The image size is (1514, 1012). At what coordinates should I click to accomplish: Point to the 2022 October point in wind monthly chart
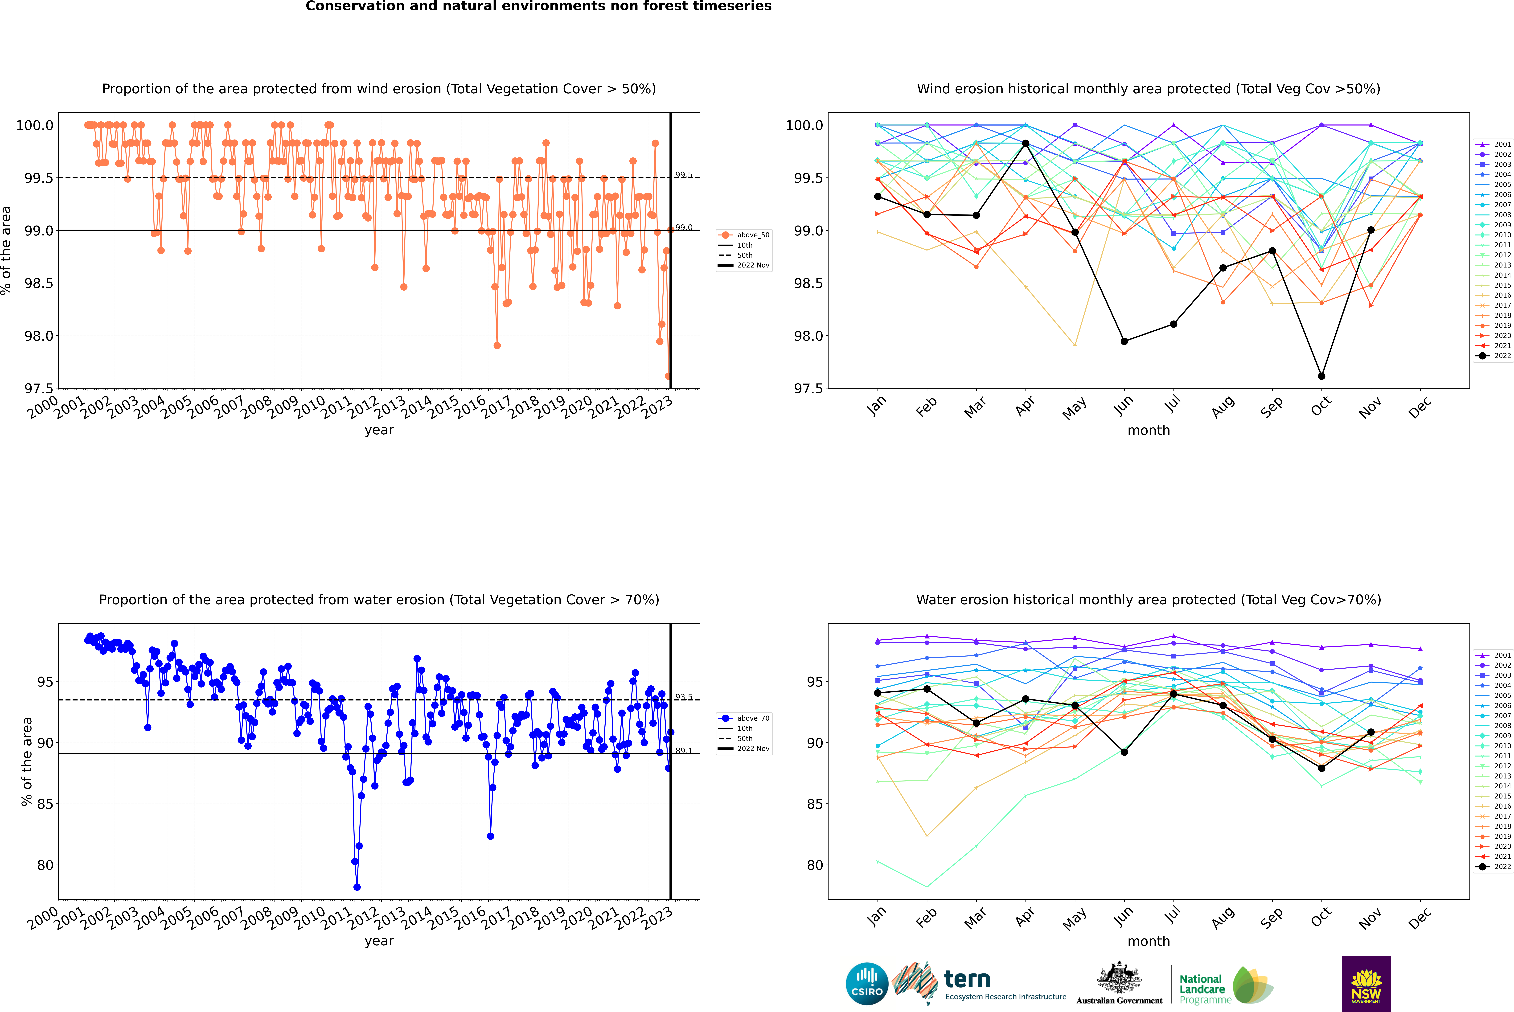(x=1322, y=376)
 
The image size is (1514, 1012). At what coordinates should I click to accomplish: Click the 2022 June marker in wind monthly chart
(x=1124, y=341)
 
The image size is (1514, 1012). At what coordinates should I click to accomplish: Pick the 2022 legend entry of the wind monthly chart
(x=1494, y=356)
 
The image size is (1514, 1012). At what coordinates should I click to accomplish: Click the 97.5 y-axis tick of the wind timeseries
(x=39, y=389)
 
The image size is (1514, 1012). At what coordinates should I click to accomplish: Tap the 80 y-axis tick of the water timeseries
(x=45, y=865)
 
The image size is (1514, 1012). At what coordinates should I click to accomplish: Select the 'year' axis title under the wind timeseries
(x=379, y=430)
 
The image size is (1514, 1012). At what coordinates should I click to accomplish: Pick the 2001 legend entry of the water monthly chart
(x=1494, y=655)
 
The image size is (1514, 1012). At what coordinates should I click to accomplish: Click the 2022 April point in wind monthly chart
(x=1026, y=143)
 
